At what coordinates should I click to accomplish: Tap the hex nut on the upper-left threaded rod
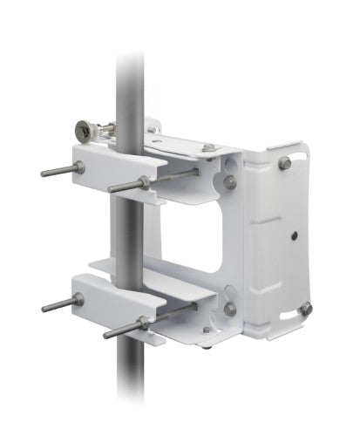click(x=79, y=167)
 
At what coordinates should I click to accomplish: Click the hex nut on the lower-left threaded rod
click(x=78, y=300)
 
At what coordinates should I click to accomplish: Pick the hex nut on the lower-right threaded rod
click(x=143, y=324)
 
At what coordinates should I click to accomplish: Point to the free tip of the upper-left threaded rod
click(x=44, y=174)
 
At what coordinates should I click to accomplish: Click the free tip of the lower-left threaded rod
click(x=44, y=309)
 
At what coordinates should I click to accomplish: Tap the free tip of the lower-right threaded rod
click(x=106, y=336)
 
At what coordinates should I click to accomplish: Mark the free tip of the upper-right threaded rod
click(x=111, y=189)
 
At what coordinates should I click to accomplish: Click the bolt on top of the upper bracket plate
click(x=208, y=148)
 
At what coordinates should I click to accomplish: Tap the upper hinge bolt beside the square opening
click(x=229, y=181)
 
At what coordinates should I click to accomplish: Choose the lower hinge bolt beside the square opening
click(x=229, y=308)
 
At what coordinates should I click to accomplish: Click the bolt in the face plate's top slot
click(x=285, y=162)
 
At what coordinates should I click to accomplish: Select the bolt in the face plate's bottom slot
click(x=304, y=308)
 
